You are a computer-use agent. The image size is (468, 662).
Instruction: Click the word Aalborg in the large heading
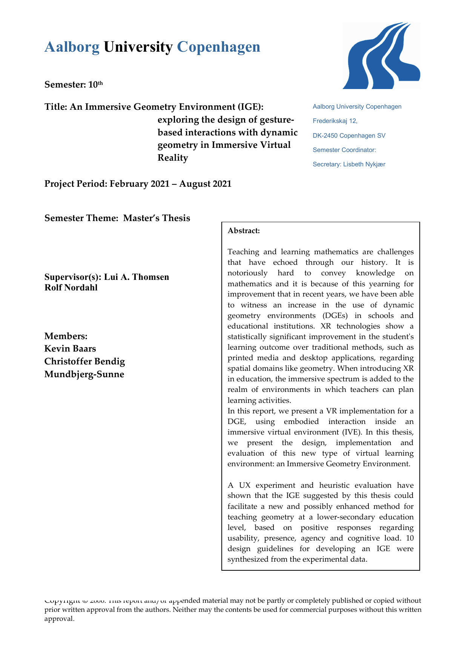(72, 47)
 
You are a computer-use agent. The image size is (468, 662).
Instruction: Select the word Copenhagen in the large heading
(218, 47)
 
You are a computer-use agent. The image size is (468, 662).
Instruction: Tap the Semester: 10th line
(74, 84)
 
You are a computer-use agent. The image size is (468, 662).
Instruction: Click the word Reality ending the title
(172, 158)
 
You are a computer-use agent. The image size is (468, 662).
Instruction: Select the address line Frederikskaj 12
(335, 121)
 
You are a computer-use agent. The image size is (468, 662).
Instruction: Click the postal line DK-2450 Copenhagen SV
(349, 136)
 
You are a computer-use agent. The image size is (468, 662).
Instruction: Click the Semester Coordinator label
(344, 150)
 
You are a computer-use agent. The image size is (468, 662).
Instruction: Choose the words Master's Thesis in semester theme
(157, 218)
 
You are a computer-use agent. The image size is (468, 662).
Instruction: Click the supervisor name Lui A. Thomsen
(136, 277)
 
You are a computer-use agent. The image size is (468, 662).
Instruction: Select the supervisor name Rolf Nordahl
(71, 288)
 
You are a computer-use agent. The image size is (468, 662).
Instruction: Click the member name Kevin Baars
(70, 349)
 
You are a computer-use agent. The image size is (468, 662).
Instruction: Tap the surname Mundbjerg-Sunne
(84, 374)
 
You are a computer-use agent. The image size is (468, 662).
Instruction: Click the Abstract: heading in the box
(244, 231)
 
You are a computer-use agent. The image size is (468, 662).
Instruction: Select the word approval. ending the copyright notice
(60, 619)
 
